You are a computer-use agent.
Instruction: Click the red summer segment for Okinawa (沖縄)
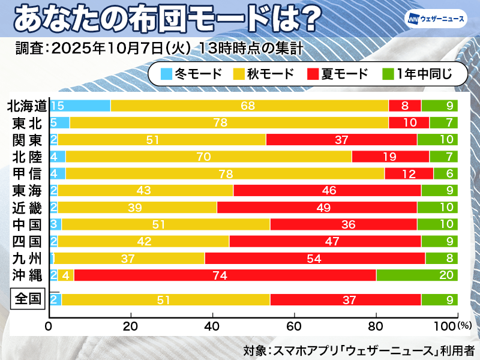(x=225, y=275)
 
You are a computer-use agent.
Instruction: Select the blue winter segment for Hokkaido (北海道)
(x=80, y=106)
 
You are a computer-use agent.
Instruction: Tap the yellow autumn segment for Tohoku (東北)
(x=229, y=123)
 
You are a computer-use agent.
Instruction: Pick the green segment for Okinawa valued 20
(x=417, y=275)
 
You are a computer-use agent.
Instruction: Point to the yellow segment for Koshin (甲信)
(x=225, y=174)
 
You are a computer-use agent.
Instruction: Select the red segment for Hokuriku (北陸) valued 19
(x=391, y=157)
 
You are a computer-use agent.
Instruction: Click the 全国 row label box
(x=26, y=299)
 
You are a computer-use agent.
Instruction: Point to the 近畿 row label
(x=26, y=208)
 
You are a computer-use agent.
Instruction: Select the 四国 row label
(x=26, y=242)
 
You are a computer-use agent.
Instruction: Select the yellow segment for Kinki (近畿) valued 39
(x=137, y=208)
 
